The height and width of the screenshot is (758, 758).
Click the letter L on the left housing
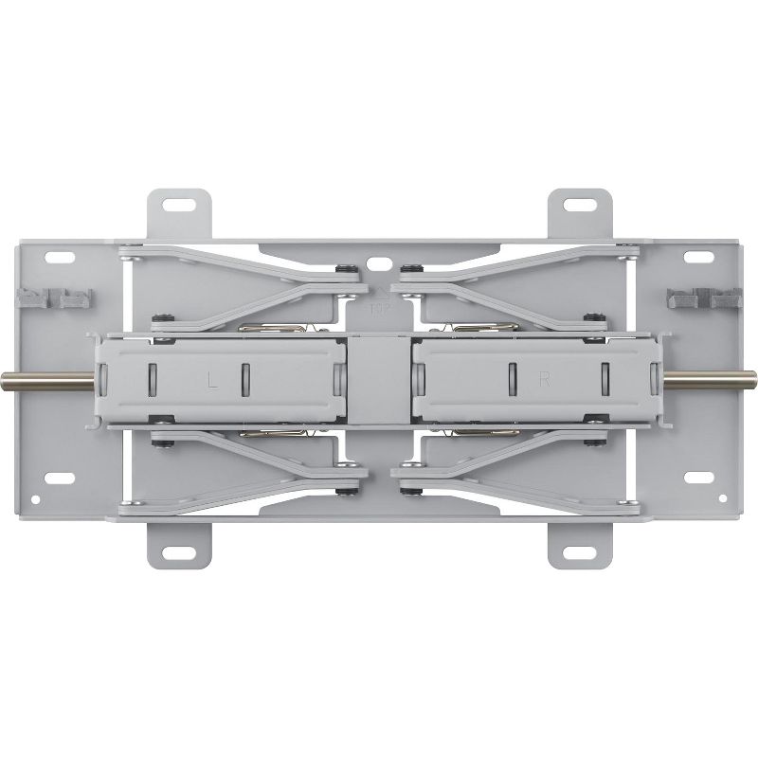click(x=213, y=380)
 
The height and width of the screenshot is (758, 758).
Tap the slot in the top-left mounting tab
click(x=179, y=204)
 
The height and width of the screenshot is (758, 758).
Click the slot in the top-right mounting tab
click(x=579, y=204)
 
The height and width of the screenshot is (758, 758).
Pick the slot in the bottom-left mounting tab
click(x=179, y=552)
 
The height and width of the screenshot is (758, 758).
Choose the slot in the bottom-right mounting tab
click(x=579, y=552)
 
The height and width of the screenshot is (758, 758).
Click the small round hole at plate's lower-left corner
click(x=35, y=498)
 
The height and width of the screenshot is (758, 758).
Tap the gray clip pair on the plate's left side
click(x=54, y=299)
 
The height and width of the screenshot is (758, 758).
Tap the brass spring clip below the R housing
click(x=478, y=432)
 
